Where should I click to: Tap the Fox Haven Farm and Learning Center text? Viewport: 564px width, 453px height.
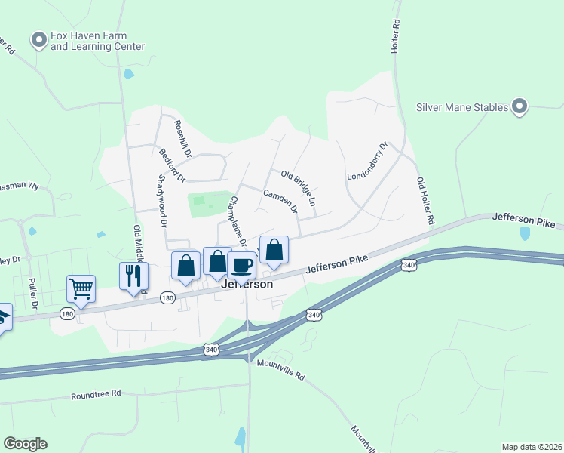[97, 41]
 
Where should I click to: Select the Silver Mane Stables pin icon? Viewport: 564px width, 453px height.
[520, 107]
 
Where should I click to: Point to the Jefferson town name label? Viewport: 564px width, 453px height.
[247, 285]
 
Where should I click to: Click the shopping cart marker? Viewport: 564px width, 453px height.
[81, 288]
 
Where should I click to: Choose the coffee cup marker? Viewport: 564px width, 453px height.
[241, 265]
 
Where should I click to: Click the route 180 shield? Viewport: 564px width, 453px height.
[167, 299]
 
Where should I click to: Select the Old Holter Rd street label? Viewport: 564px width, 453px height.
[426, 202]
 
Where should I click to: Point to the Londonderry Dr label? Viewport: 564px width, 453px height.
[367, 162]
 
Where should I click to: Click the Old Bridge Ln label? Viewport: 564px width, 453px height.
[298, 189]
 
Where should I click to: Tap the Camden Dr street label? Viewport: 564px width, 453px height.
[280, 199]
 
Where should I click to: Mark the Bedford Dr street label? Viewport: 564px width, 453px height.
[172, 165]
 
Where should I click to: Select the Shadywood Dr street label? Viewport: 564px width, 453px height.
[161, 202]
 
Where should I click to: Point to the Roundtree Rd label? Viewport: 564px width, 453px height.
[96, 394]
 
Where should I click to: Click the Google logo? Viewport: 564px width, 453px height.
[25, 444]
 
